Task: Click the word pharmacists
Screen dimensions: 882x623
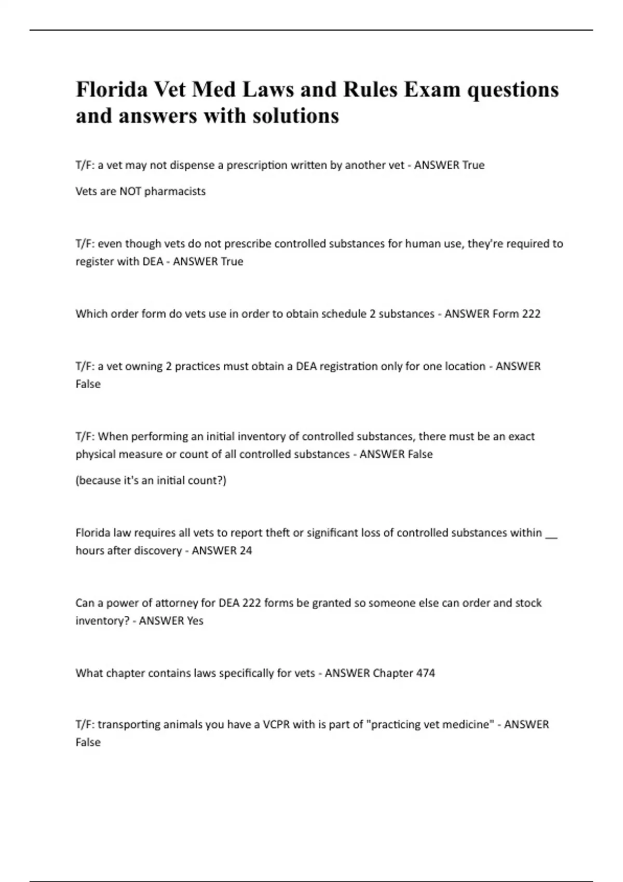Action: click(x=175, y=191)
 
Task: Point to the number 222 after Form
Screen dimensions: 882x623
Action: click(x=531, y=314)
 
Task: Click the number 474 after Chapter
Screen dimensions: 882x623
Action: click(x=425, y=673)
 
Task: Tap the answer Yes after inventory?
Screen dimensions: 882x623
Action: click(x=195, y=621)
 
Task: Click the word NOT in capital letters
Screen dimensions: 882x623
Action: click(x=130, y=191)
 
